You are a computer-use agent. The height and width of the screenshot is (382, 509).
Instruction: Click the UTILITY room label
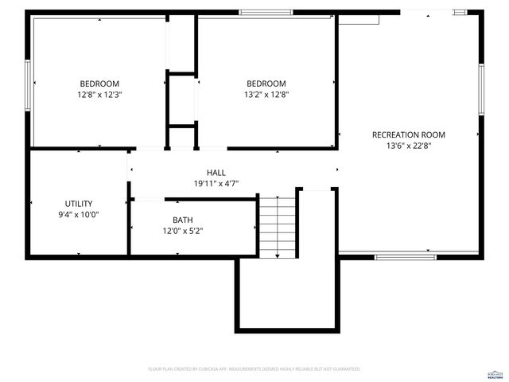click(x=79, y=204)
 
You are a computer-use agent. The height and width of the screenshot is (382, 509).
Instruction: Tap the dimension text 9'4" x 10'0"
click(x=79, y=214)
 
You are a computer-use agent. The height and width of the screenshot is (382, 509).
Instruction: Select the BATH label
click(x=182, y=220)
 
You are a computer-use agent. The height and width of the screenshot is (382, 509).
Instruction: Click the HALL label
click(x=216, y=173)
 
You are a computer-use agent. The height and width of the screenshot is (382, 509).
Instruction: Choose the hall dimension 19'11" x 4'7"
click(x=216, y=183)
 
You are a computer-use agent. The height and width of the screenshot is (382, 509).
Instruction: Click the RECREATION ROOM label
click(x=409, y=135)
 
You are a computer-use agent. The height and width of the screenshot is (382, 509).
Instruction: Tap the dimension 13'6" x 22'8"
click(x=409, y=146)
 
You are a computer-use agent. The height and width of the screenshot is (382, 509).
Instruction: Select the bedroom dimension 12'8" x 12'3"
click(x=99, y=94)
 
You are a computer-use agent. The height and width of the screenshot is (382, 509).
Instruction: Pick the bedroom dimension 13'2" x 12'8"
click(x=266, y=94)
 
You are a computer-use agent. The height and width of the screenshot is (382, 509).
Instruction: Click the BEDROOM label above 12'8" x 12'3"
click(x=99, y=84)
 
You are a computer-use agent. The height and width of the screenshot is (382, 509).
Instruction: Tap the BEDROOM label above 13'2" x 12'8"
click(x=266, y=84)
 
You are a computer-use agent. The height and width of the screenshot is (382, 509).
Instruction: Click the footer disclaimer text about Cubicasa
click(x=254, y=369)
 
